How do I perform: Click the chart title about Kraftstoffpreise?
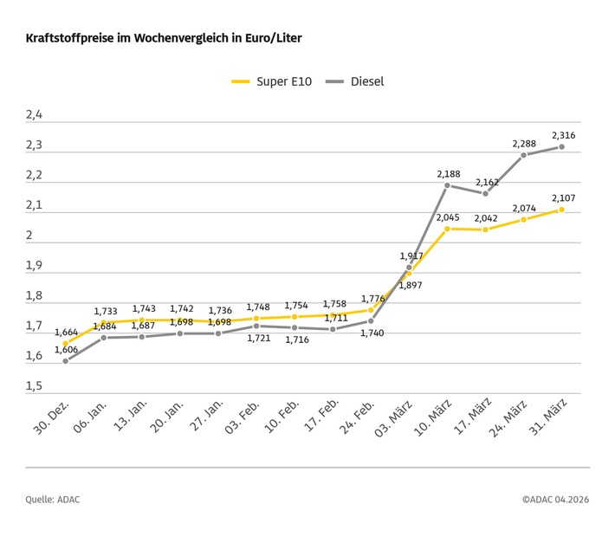(164, 39)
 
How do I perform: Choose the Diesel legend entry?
(354, 81)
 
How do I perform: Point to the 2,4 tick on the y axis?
(34, 114)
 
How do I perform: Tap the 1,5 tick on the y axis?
(34, 386)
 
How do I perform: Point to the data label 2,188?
(447, 173)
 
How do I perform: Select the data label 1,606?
(68, 349)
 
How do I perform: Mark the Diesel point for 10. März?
(447, 185)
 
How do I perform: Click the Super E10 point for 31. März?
(561, 210)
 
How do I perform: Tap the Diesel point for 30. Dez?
(66, 361)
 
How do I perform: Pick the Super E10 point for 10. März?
(447, 229)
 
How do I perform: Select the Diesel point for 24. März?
(523, 155)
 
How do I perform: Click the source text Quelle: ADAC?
(53, 499)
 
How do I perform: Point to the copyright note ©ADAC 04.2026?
(555, 499)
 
